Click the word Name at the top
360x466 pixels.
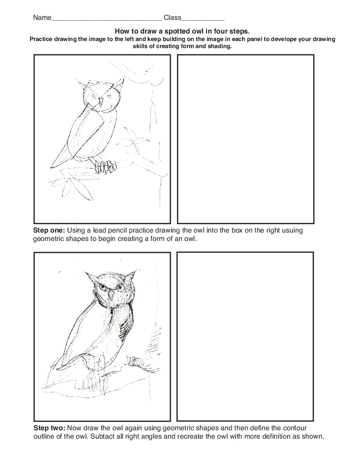pyautogui.click(x=42, y=18)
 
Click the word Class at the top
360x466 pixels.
pyautogui.click(x=172, y=18)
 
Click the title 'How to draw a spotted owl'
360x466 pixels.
pyautogui.click(x=182, y=31)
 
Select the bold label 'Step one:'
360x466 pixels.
pyautogui.click(x=49, y=230)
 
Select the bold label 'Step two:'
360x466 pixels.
pyautogui.click(x=49, y=428)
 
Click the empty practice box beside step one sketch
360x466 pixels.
pyautogui.click(x=245, y=139)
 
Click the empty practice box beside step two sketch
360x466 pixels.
pyautogui.click(x=245, y=336)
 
